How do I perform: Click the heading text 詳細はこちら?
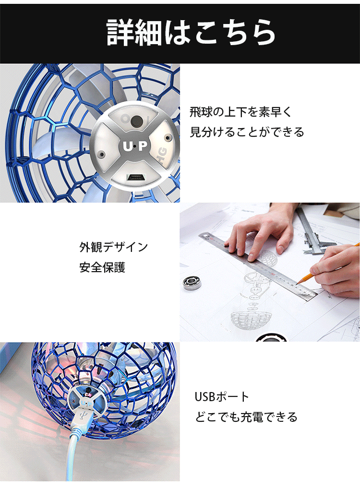pos(191,32)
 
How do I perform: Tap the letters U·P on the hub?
pos(135,146)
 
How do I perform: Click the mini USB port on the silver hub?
pos(134,178)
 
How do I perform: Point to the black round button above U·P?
pos(136,121)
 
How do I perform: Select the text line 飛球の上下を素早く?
pos(241,112)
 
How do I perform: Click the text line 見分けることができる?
pos(247,132)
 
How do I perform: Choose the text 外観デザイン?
pos(114,247)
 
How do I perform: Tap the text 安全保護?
pos(102,267)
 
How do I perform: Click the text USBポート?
pos(222,397)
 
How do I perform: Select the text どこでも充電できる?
pos(246,417)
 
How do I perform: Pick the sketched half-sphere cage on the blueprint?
pos(251,319)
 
